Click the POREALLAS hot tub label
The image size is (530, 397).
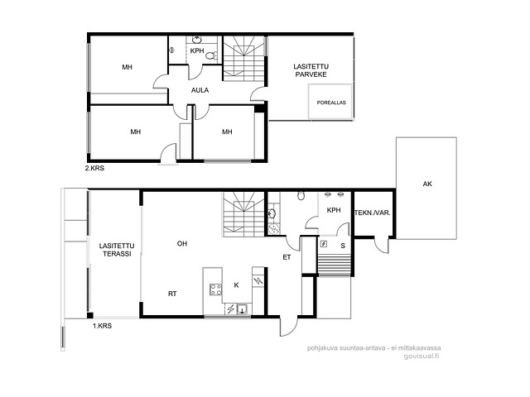(331, 103)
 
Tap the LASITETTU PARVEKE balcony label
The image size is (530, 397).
(311, 70)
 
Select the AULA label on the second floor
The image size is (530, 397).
(200, 90)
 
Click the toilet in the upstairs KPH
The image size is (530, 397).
(212, 55)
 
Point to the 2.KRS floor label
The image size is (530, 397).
(94, 168)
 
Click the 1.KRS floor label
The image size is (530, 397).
(102, 326)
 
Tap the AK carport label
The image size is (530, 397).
(427, 184)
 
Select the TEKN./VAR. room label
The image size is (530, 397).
(373, 213)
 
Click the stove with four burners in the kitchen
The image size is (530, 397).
(215, 289)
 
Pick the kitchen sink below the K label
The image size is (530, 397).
(243, 309)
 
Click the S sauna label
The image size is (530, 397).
(343, 246)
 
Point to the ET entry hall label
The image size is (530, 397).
(287, 257)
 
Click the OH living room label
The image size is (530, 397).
(182, 243)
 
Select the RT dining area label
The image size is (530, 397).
(172, 294)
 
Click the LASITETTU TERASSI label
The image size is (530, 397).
(117, 250)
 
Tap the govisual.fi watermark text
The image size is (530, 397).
(422, 356)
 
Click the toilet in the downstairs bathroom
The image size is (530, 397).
(301, 196)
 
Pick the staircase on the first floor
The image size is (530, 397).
(243, 214)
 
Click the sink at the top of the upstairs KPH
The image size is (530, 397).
(197, 40)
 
